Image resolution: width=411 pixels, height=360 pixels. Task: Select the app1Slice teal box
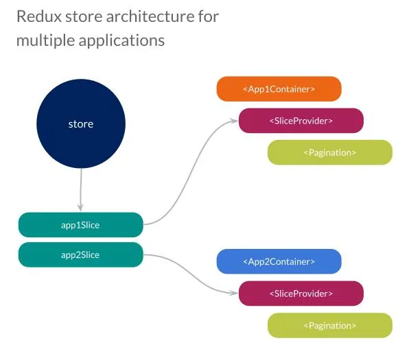point(80,225)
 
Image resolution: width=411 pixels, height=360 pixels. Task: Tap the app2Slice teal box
point(80,254)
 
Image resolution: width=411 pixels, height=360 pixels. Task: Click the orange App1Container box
point(279,88)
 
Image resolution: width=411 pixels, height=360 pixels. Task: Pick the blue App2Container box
point(279,261)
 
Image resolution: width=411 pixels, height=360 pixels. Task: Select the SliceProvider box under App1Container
point(301,121)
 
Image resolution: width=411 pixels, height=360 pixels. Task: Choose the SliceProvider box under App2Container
point(301,293)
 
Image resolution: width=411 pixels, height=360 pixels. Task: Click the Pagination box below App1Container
point(329,152)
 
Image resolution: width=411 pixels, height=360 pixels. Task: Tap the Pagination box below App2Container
point(329,325)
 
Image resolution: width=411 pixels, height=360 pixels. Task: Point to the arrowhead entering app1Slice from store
point(81,208)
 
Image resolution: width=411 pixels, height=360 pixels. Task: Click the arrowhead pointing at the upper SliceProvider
point(235,121)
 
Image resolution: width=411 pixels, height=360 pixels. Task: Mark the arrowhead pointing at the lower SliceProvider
point(235,293)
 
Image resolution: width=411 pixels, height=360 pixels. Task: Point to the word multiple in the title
point(40,40)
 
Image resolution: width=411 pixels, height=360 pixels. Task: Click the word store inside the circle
point(80,124)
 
